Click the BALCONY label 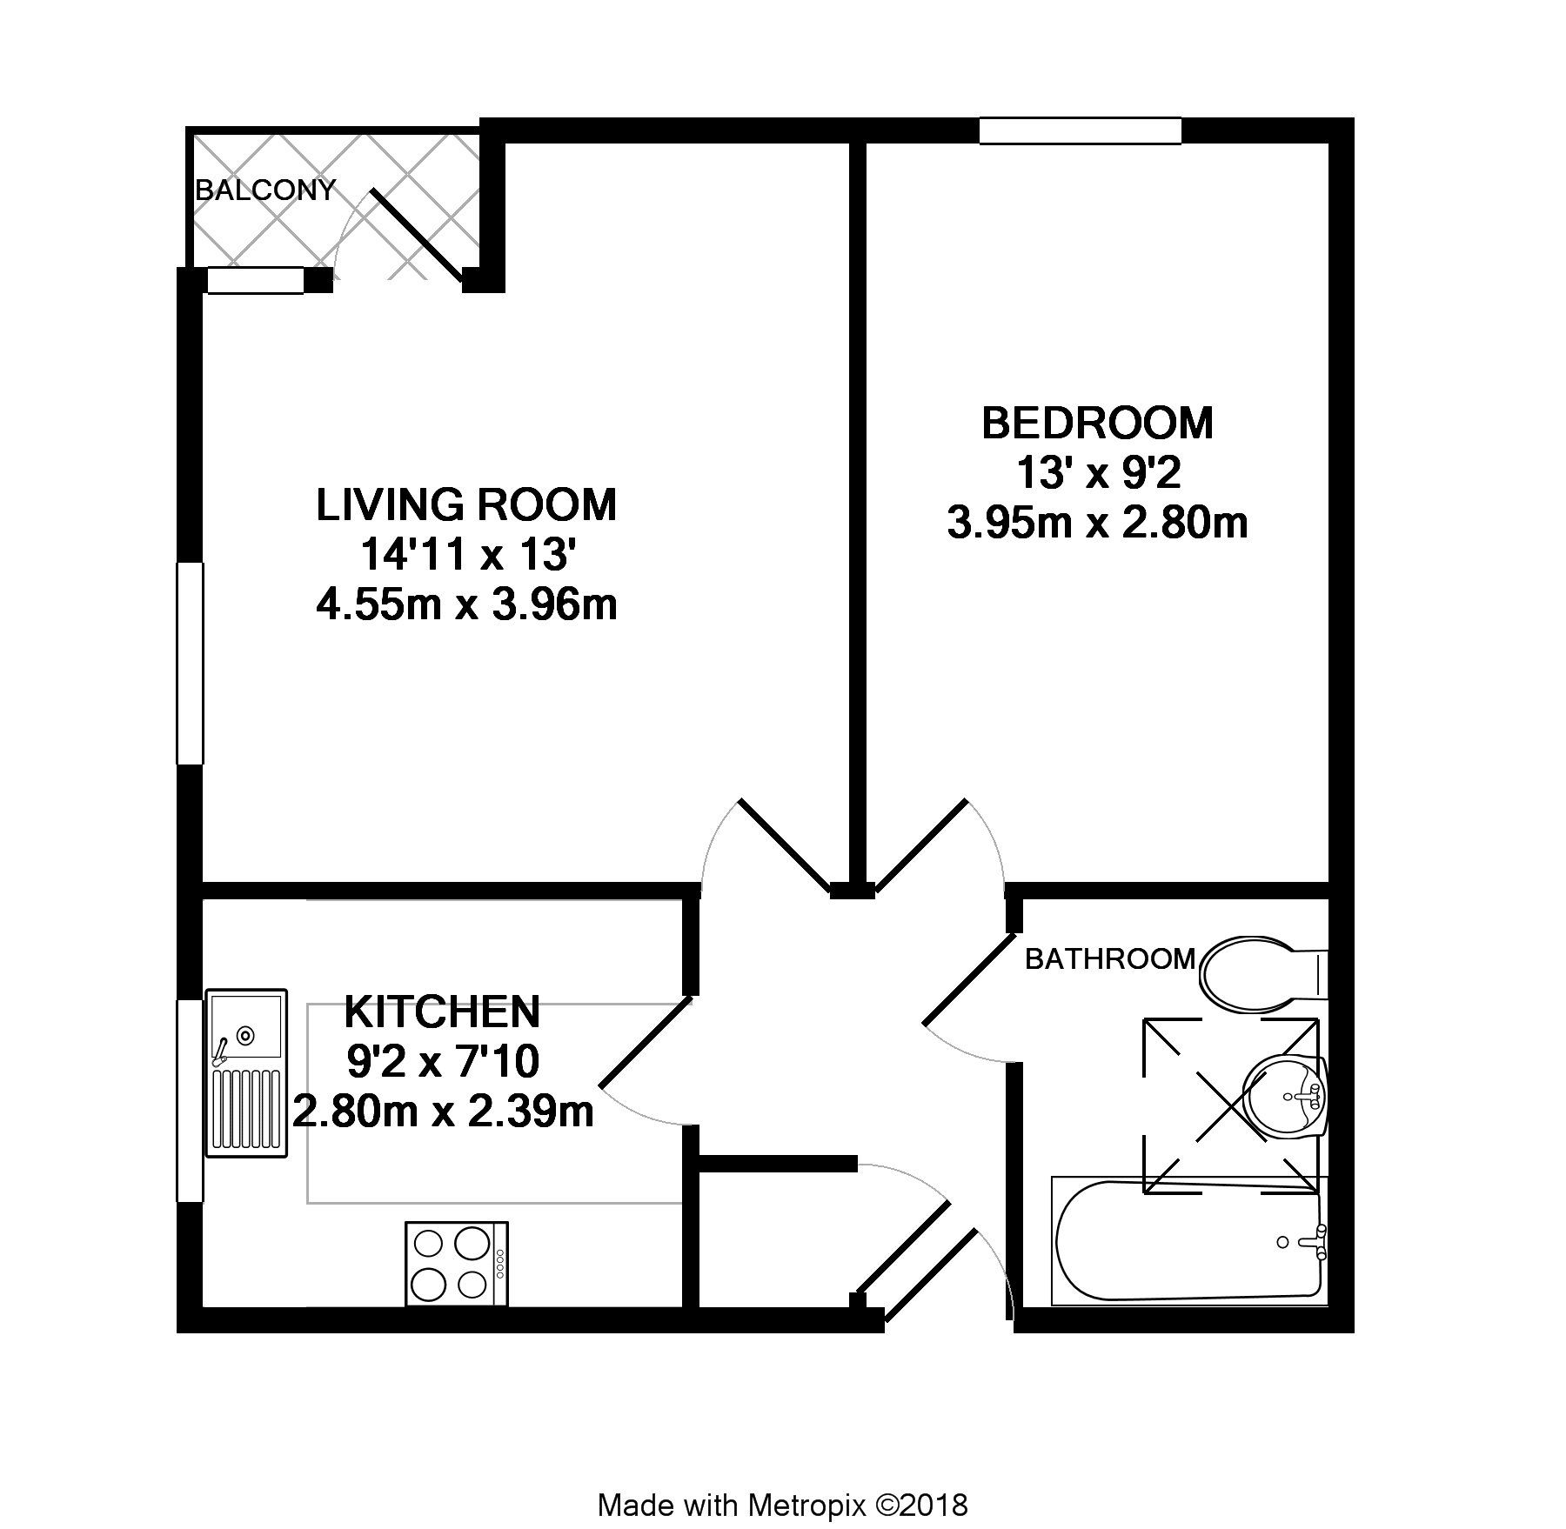[x=265, y=190]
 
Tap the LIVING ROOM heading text [x=466, y=505]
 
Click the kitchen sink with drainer [x=246, y=1072]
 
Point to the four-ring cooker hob [x=457, y=1263]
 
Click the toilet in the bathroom [x=1253, y=974]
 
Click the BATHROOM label [x=1109, y=958]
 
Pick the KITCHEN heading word [x=442, y=1012]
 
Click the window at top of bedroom [x=1080, y=130]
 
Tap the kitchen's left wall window [x=189, y=1101]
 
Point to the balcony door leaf [x=418, y=237]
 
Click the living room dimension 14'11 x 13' [x=466, y=555]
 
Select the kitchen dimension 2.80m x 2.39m [x=443, y=1112]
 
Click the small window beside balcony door [x=255, y=281]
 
